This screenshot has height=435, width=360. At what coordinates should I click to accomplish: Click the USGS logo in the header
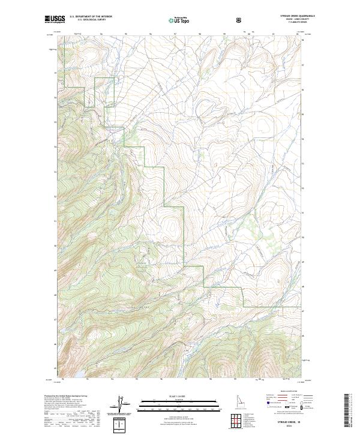point(55,20)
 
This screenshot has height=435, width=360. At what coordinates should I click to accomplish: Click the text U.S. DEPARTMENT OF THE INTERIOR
point(91,17)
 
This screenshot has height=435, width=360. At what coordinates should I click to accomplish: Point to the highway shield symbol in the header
point(241,20)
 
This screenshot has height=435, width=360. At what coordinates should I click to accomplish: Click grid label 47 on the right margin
point(303,311)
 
